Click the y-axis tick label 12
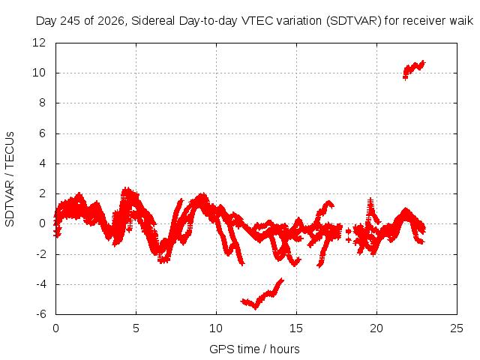coord(39,43)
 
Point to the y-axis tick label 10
coord(39,73)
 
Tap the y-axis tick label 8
coord(42,103)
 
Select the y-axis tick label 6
coord(42,133)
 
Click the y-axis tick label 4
coord(42,163)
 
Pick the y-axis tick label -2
coord(41,254)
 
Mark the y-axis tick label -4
coord(41,284)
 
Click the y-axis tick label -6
coord(41,314)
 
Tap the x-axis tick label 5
coord(136,328)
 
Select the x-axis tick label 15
coord(296,328)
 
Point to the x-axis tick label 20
coord(376,328)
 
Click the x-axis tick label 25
coord(457,328)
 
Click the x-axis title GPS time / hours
coord(254,349)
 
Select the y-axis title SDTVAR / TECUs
coord(10,179)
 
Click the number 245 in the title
coord(70,21)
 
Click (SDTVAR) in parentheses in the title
coord(353,21)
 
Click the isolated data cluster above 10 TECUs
coord(414,70)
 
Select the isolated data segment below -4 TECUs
coord(262,294)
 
